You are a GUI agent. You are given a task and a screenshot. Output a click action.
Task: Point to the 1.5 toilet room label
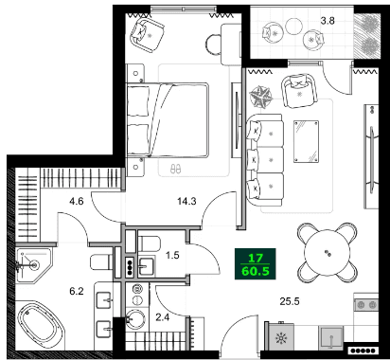click(x=173, y=256)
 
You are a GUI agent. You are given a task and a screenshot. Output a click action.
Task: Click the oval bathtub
click(x=42, y=324)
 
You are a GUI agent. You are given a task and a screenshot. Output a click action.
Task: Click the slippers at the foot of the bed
click(x=174, y=169)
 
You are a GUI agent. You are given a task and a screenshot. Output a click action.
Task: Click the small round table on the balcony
click(x=312, y=42)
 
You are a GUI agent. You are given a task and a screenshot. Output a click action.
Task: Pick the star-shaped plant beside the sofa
click(x=261, y=97)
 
